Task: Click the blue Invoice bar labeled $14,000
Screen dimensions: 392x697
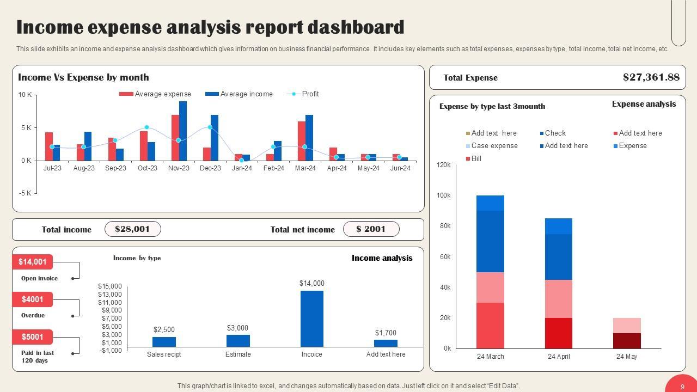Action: (x=311, y=318)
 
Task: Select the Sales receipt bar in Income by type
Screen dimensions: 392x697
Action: (x=164, y=342)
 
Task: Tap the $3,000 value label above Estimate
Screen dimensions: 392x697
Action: (x=237, y=328)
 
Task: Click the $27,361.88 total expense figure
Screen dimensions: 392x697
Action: (x=651, y=77)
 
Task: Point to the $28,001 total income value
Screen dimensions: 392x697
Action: (x=132, y=229)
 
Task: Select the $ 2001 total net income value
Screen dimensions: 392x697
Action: (x=371, y=229)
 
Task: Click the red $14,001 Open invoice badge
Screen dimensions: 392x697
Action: (x=33, y=262)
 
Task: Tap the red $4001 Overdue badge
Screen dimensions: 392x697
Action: (x=33, y=299)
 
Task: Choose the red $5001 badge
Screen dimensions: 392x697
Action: (x=33, y=337)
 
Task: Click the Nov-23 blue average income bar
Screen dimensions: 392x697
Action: (x=183, y=131)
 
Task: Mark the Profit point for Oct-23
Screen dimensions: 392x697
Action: (x=146, y=127)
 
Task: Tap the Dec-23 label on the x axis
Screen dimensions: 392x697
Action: (x=210, y=168)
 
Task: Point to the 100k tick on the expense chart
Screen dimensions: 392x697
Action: (x=444, y=195)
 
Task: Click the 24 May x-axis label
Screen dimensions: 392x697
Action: (x=627, y=357)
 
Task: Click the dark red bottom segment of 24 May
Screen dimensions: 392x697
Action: (x=627, y=341)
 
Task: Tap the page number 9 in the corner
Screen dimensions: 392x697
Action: (x=682, y=387)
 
